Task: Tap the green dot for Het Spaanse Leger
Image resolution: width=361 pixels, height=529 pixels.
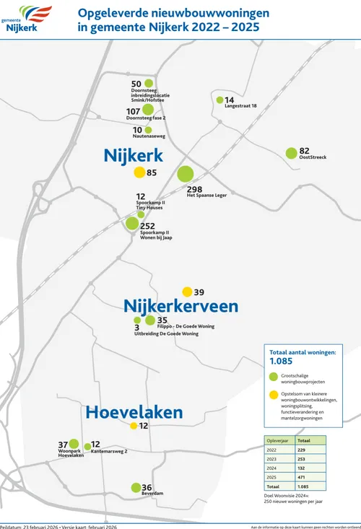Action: point(185,174)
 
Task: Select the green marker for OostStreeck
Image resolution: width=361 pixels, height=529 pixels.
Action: point(291,153)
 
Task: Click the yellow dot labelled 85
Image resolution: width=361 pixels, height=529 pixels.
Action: point(139,172)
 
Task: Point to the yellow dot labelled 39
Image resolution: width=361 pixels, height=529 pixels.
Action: point(187,292)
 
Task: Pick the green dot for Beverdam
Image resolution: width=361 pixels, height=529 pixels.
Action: point(136,488)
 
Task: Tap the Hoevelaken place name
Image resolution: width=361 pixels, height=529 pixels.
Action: point(134,412)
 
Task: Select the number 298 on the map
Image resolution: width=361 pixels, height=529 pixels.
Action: point(194,188)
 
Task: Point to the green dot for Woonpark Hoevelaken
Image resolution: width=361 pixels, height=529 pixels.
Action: point(74,444)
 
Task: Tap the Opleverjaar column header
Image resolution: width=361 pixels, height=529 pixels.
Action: point(279,439)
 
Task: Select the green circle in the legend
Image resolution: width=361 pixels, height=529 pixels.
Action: point(273,376)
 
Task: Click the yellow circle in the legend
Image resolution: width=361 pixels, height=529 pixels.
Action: point(273,395)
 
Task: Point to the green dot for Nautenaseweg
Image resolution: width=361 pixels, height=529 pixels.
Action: point(148,130)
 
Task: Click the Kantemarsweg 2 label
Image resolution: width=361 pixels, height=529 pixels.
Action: point(109,452)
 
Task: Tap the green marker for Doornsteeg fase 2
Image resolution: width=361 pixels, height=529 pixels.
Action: point(147,111)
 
